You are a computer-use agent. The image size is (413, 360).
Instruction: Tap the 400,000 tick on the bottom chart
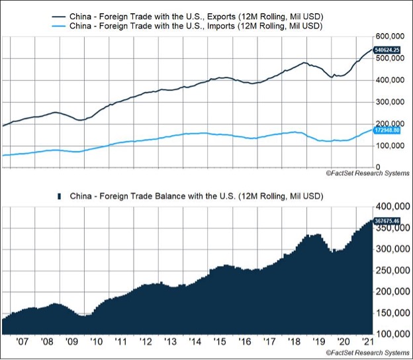point(390,207)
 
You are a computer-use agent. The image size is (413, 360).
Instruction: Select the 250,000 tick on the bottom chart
point(390,270)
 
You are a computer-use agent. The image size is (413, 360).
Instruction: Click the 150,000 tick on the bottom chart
point(390,312)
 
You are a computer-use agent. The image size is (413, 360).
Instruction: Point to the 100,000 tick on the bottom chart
point(390,332)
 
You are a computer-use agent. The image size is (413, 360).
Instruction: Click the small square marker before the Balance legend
point(60,197)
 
